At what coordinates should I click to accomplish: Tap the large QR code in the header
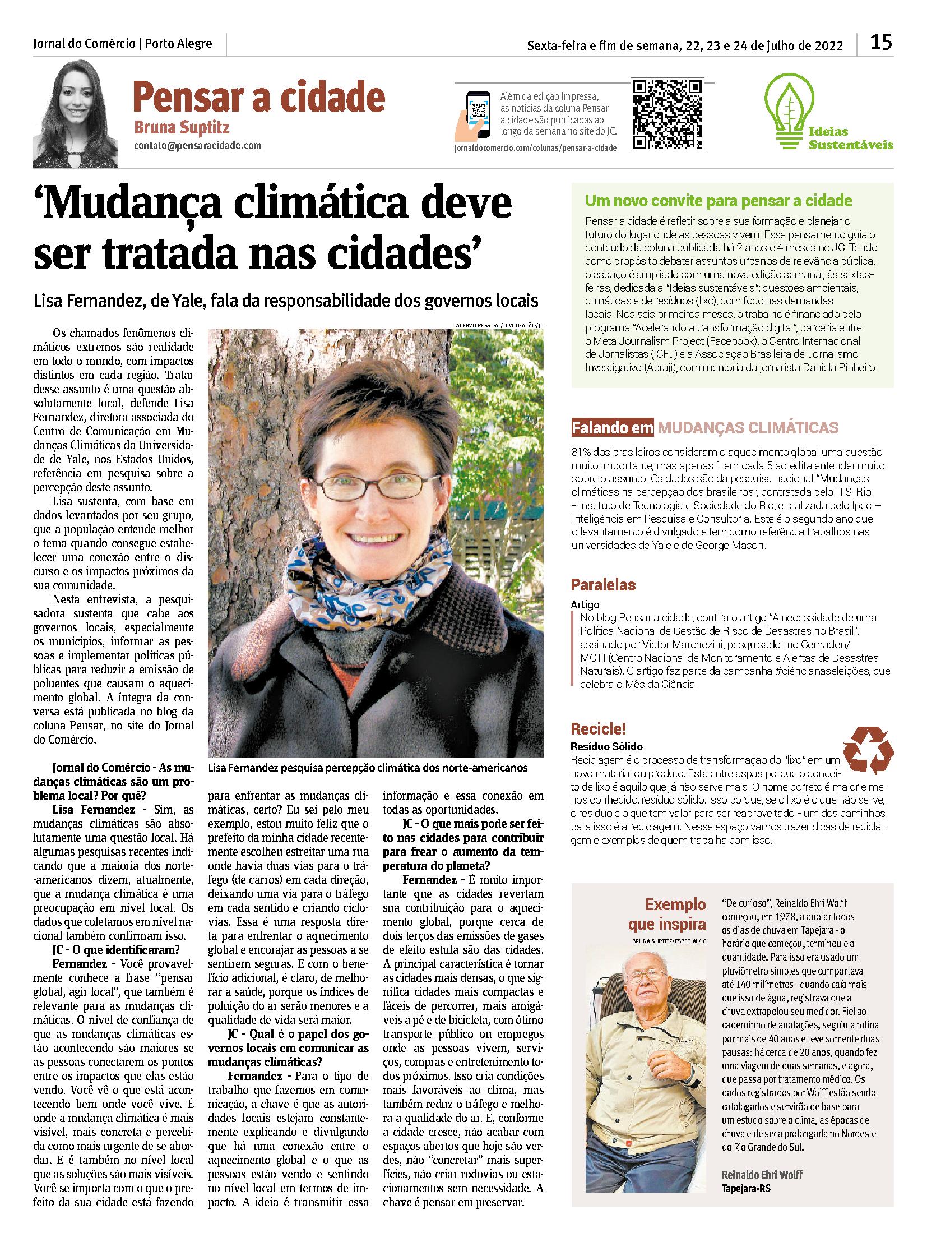pos(667,115)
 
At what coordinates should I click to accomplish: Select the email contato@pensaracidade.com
pos(197,145)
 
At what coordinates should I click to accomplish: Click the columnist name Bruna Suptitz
pos(181,128)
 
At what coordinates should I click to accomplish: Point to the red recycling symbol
pos(868,750)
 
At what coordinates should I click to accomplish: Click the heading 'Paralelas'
pos(603,584)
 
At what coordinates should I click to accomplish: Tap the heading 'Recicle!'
pos(598,729)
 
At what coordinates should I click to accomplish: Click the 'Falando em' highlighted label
pos(612,428)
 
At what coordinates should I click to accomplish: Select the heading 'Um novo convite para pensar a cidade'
pos(719,200)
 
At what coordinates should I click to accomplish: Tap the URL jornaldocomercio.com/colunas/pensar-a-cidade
pos(535,147)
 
